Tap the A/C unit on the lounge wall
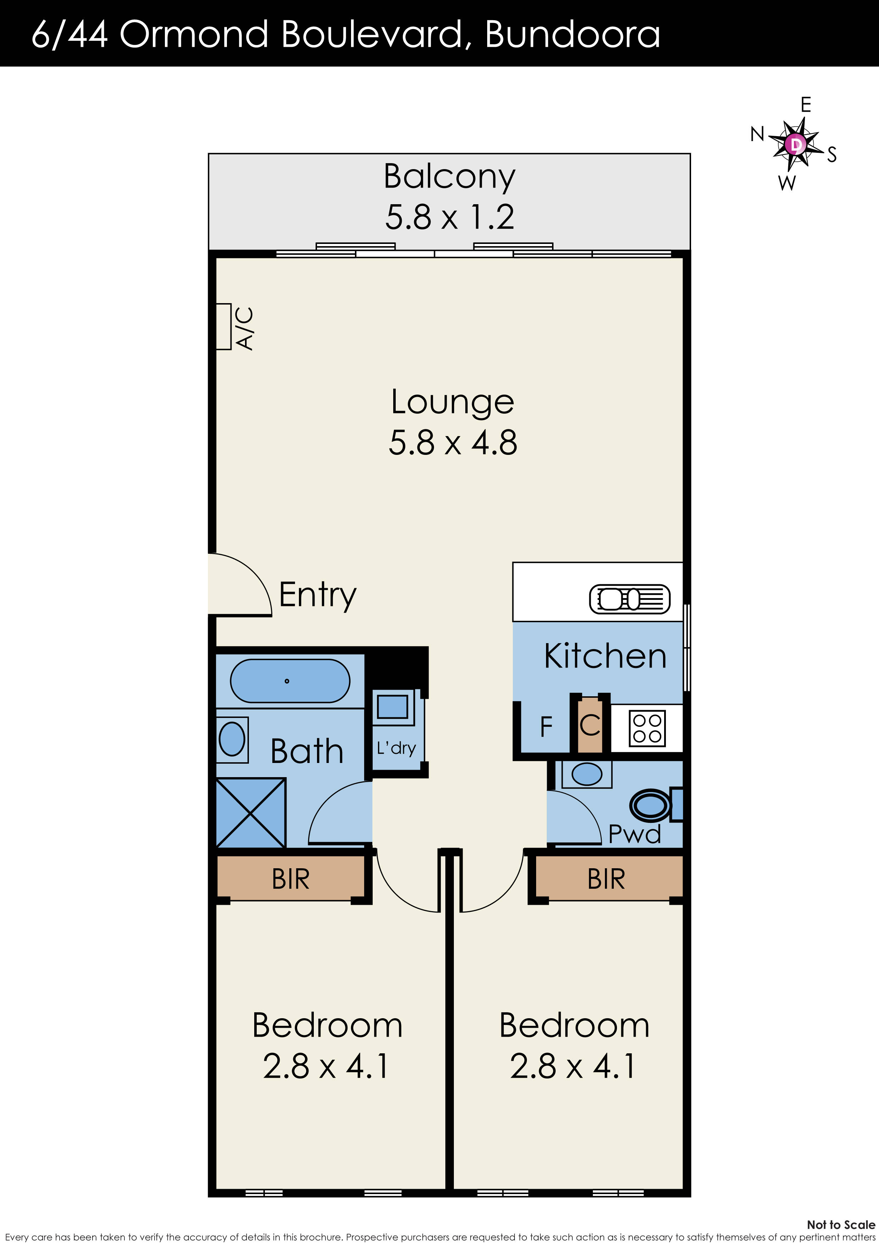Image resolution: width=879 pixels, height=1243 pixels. pyautogui.click(x=223, y=327)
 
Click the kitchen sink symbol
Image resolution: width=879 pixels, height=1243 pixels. pyautogui.click(x=629, y=599)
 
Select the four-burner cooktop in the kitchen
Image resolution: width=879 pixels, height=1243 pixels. pyautogui.click(x=647, y=728)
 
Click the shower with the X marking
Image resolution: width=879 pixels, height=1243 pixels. pyautogui.click(x=251, y=813)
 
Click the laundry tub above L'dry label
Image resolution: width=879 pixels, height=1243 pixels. pyautogui.click(x=393, y=707)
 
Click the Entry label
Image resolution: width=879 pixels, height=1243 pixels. pyautogui.click(x=318, y=595)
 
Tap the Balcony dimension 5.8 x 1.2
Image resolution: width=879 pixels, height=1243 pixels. pyautogui.click(x=450, y=217)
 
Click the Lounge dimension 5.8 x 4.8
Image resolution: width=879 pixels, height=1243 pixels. pyautogui.click(x=453, y=442)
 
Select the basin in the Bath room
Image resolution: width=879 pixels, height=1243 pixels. pyautogui.click(x=232, y=740)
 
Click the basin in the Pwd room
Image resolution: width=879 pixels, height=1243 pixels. pyautogui.click(x=586, y=774)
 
